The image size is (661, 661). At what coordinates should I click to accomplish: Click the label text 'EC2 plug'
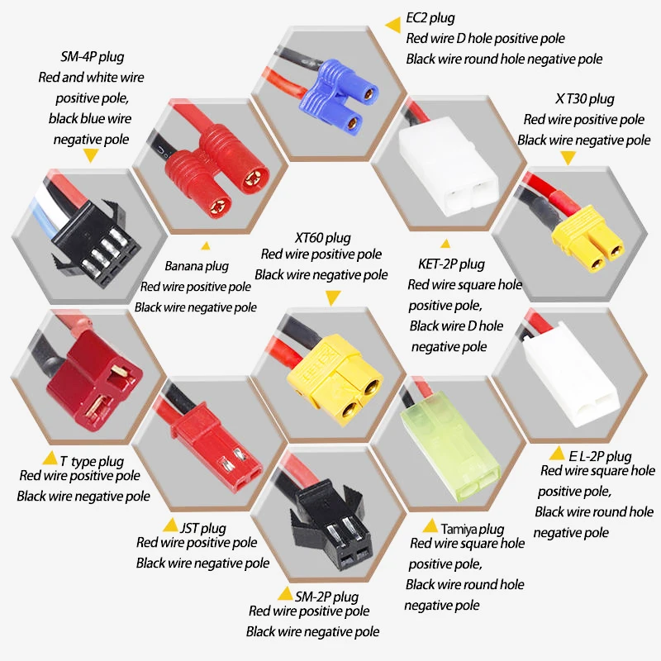coord(430,18)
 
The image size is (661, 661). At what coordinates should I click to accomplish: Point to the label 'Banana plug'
coord(196,266)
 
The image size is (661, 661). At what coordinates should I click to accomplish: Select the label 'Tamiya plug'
coord(472,529)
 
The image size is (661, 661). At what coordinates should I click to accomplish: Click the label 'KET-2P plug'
coord(447,264)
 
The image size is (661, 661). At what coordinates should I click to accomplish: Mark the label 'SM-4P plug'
coord(92,58)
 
